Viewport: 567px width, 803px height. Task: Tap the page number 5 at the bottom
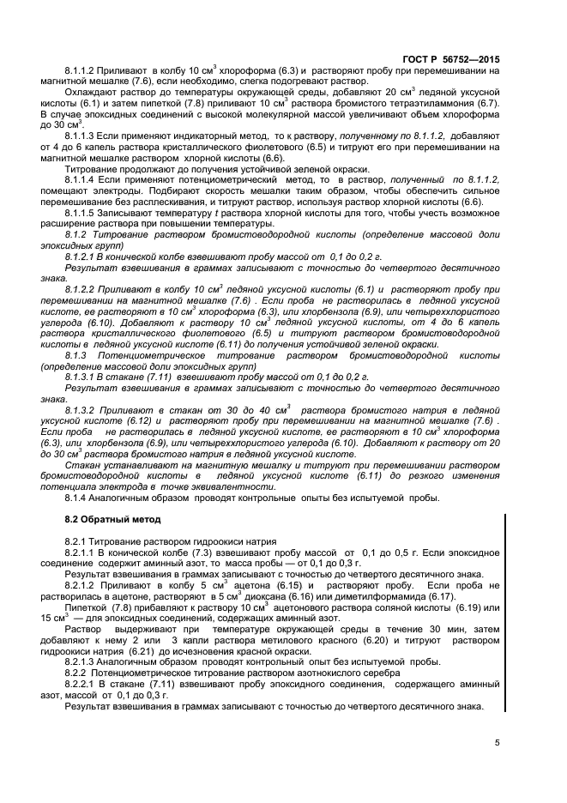(498, 743)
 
